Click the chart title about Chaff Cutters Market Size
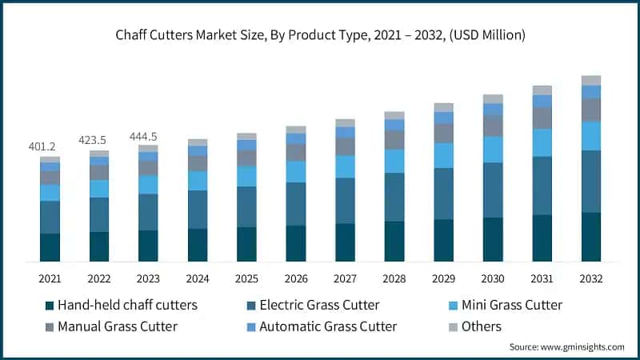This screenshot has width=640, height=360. point(320,34)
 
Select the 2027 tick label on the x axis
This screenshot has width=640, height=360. point(345,279)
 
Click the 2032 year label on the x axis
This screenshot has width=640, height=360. point(590,279)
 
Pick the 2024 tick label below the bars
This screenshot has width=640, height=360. point(198,279)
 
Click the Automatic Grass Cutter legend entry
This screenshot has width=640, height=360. point(328,326)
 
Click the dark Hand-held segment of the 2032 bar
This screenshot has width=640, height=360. point(590,237)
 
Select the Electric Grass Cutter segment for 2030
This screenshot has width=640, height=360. point(493,190)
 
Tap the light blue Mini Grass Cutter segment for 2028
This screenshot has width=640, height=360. point(394,161)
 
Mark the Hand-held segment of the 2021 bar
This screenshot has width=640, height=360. point(50,247)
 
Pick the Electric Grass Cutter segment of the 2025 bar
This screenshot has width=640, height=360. point(246,206)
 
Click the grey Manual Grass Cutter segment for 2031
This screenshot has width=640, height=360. point(542,118)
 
